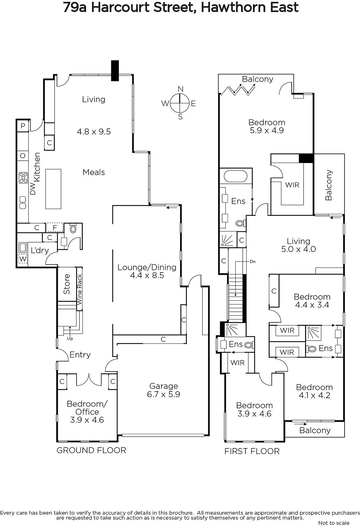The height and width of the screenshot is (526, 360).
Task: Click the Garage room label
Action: [164, 386]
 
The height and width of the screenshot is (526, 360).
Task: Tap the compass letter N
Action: [180, 89]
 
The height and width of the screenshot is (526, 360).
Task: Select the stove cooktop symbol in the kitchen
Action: [23, 178]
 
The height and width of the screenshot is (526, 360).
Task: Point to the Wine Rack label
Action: [79, 289]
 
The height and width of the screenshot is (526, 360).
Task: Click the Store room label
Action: [67, 284]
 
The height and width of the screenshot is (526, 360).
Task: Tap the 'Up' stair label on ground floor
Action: [70, 338]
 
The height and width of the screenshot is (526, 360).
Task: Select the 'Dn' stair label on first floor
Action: [253, 261]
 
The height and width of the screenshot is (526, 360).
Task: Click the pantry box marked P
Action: [23, 126]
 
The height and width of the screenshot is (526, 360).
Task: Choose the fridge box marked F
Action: [55, 227]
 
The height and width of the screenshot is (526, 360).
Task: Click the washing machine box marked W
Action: [23, 259]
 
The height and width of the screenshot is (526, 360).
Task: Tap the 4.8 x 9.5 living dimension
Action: [94, 131]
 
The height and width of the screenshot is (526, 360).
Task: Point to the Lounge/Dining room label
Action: [147, 267]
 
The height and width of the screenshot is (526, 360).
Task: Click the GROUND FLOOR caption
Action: [91, 450]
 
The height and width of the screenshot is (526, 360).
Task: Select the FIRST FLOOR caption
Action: [252, 451]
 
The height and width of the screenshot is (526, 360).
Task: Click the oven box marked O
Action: [23, 155]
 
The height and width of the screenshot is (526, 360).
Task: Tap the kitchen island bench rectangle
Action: [53, 189]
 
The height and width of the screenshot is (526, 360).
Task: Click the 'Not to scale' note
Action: [334, 523]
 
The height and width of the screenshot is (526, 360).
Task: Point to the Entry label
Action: [80, 355]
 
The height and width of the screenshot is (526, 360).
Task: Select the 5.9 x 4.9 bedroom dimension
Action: [267, 130]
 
